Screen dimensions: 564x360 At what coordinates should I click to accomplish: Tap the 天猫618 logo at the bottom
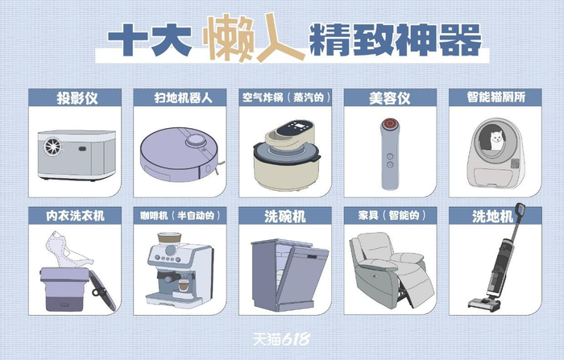[281, 339]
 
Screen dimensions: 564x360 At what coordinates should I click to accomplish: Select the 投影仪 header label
[77, 97]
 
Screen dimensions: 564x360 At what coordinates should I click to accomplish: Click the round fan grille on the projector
[53, 147]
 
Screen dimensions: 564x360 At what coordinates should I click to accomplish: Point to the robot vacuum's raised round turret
[196, 140]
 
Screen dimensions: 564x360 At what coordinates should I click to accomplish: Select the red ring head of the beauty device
[389, 124]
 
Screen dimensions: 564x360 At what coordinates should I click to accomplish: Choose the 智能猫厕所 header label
[496, 97]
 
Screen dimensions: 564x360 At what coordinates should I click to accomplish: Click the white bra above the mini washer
[66, 249]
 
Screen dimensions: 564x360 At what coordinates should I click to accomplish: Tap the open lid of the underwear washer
[102, 290]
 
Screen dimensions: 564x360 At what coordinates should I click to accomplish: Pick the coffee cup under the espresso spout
[184, 286]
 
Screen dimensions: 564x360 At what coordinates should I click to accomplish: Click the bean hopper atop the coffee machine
[169, 239]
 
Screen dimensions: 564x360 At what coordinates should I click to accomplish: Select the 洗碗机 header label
[285, 216]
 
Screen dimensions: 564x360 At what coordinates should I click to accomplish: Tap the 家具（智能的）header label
[392, 215]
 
